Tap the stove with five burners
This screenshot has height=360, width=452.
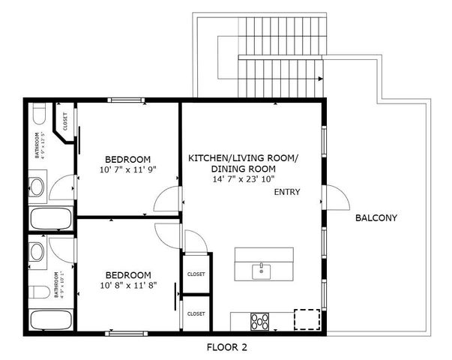click(259, 320)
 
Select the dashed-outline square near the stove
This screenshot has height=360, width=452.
click(306, 320)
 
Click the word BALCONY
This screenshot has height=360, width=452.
click(376, 218)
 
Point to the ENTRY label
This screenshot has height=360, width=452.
click(287, 193)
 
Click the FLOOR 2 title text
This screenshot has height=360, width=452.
click(226, 347)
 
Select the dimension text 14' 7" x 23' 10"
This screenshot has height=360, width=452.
click(243, 180)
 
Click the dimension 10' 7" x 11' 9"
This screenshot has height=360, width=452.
click(127, 171)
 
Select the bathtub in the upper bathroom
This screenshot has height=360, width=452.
click(50, 220)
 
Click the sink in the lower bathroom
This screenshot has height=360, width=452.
click(37, 250)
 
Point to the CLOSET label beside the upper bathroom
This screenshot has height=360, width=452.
click(65, 121)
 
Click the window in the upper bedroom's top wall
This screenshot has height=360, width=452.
click(129, 99)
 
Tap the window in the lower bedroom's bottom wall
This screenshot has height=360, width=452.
click(124, 331)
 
